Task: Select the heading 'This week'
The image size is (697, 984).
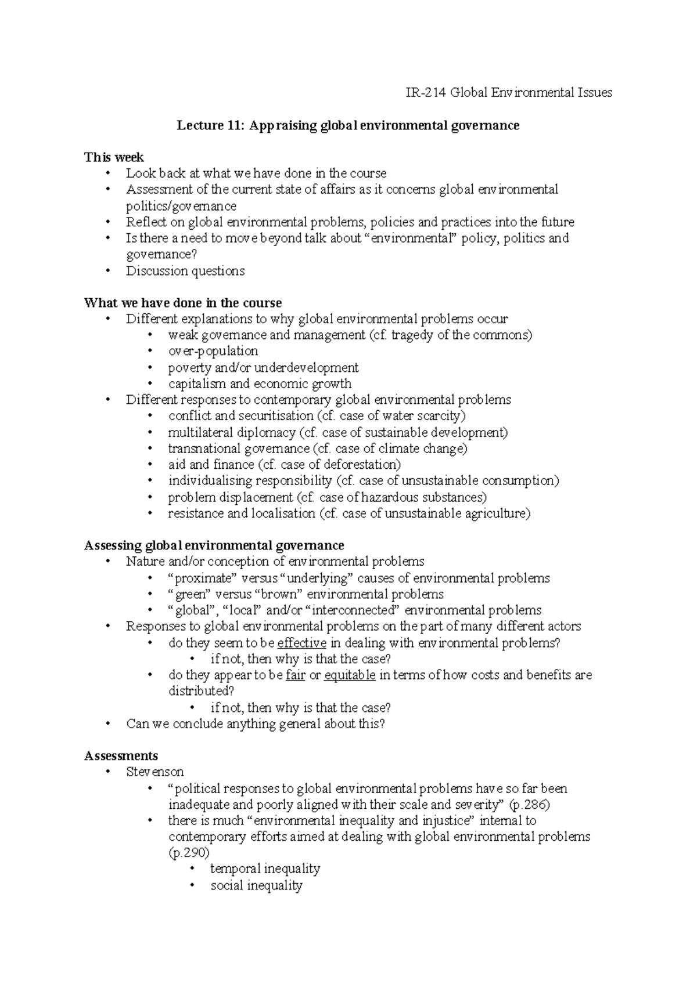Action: pos(114,157)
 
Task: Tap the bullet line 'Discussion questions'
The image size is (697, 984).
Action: pos(185,271)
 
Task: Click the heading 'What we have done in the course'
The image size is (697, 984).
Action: pos(183,303)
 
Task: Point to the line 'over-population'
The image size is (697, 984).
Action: pos(213,351)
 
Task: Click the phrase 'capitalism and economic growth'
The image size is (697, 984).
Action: pos(260,384)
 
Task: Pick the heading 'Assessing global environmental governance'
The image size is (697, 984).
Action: pos(214,545)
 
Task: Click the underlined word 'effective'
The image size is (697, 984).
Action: pos(301,643)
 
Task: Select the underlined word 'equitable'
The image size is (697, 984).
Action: pos(350,675)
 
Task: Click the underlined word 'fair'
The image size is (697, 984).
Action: pos(296,675)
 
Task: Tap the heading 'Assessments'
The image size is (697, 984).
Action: pos(121,756)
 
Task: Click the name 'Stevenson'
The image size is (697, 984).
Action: pos(155,772)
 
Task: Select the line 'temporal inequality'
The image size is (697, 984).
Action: pos(265,869)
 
